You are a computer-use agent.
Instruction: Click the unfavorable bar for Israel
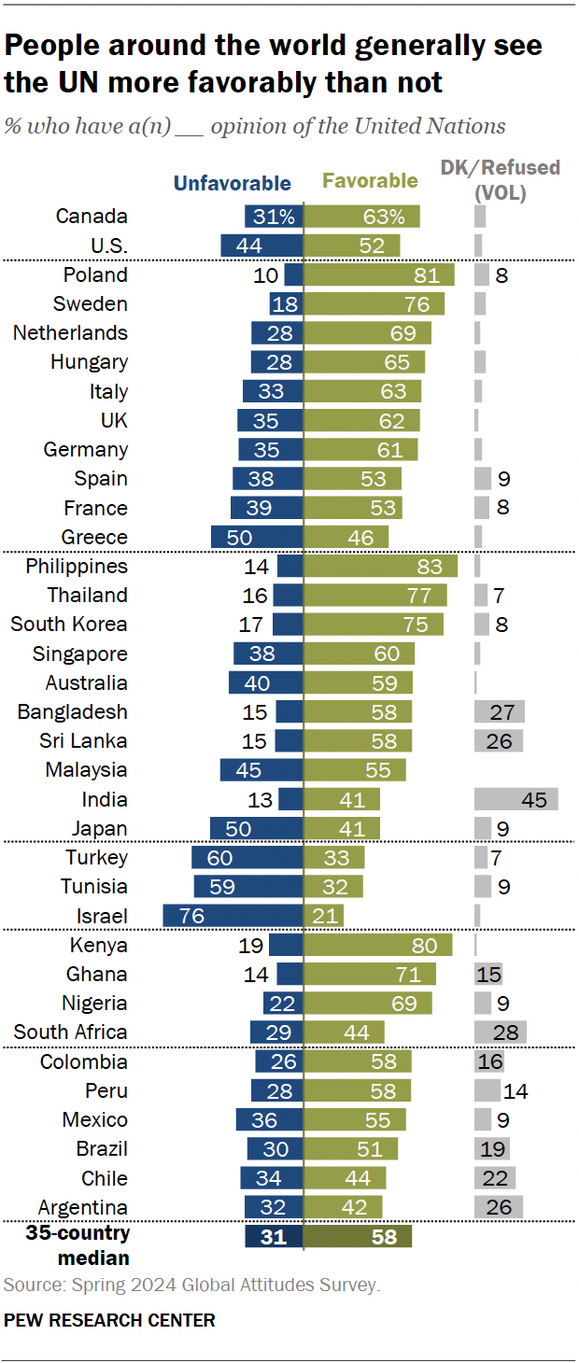tap(233, 915)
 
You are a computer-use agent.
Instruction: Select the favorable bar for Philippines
tap(381, 567)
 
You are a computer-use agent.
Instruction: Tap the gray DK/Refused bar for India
tap(516, 799)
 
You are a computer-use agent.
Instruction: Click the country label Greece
tap(94, 538)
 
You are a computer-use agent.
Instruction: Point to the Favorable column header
tap(370, 181)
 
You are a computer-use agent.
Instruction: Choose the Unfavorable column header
tap(233, 184)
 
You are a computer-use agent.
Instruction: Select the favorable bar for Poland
tap(379, 274)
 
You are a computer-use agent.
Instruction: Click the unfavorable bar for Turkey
tap(247, 857)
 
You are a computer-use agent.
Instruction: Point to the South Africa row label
tap(70, 1033)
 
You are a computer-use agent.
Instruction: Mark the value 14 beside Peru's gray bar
tap(516, 1090)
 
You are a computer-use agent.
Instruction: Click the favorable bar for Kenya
tap(378, 945)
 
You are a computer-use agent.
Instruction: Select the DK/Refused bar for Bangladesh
tap(500, 712)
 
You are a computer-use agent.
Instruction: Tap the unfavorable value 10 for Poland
tap(267, 275)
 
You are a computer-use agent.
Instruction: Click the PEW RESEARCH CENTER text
tap(109, 1320)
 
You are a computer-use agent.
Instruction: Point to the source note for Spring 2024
tap(191, 1286)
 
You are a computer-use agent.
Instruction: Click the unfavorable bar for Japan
tap(257, 828)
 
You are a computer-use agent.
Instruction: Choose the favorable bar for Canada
tap(362, 217)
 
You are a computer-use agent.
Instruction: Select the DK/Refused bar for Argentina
tap(499, 1207)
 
